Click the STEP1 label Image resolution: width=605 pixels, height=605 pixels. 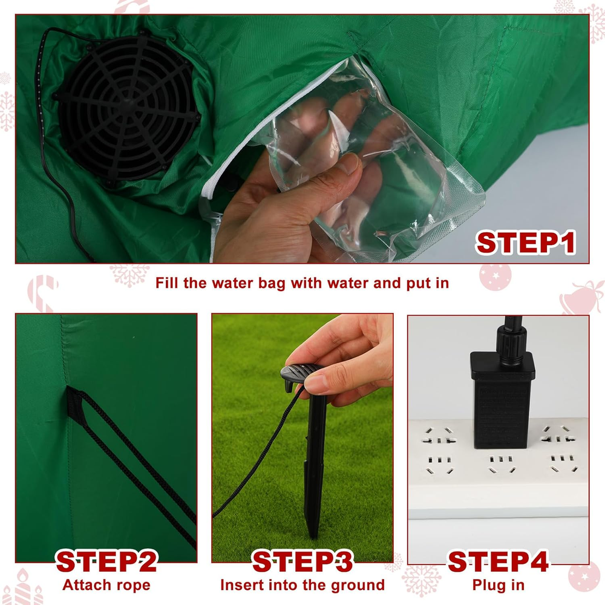526,243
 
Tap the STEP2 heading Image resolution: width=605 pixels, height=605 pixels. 106,561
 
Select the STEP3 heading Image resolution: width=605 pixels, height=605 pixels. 302,561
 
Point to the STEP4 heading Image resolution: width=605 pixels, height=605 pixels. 498,561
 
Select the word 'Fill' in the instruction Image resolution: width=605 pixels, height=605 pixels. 168,283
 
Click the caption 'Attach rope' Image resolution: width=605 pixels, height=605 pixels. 106,585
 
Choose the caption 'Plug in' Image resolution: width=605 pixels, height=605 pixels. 498,585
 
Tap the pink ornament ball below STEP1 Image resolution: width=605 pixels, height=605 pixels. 495,276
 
